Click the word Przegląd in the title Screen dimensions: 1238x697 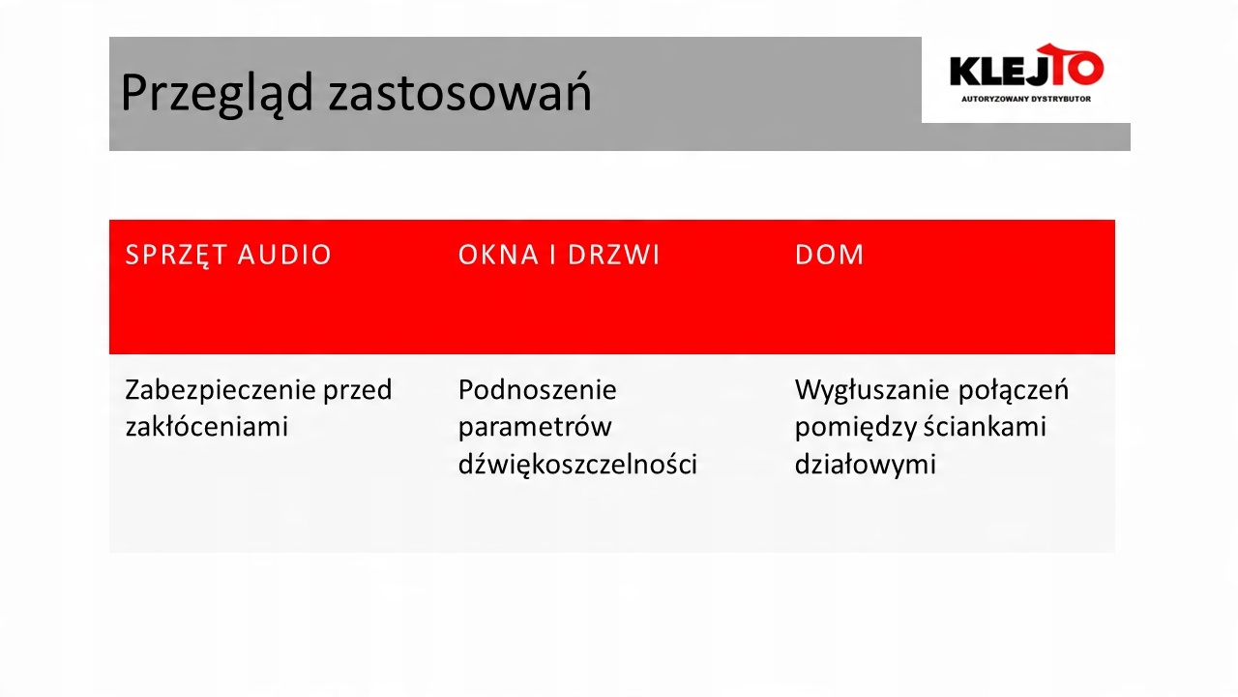[x=218, y=93]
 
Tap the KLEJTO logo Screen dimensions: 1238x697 [x=1026, y=65]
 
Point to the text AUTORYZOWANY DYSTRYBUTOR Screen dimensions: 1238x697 [x=1026, y=99]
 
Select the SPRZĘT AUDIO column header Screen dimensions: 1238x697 [x=228, y=255]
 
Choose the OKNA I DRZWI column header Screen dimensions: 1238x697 [x=559, y=255]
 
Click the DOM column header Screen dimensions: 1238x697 [x=829, y=255]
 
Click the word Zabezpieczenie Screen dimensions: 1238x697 [x=220, y=390]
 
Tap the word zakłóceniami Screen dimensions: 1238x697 [x=207, y=427]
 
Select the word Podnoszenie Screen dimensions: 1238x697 [x=537, y=390]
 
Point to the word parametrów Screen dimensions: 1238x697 [x=535, y=427]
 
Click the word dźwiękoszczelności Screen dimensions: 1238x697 [x=577, y=464]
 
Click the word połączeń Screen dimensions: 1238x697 [x=1013, y=390]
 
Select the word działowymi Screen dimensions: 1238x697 [x=865, y=464]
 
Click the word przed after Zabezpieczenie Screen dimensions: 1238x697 [x=358, y=390]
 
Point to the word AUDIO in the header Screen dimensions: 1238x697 [x=284, y=255]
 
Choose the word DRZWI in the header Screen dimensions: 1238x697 [x=613, y=255]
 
